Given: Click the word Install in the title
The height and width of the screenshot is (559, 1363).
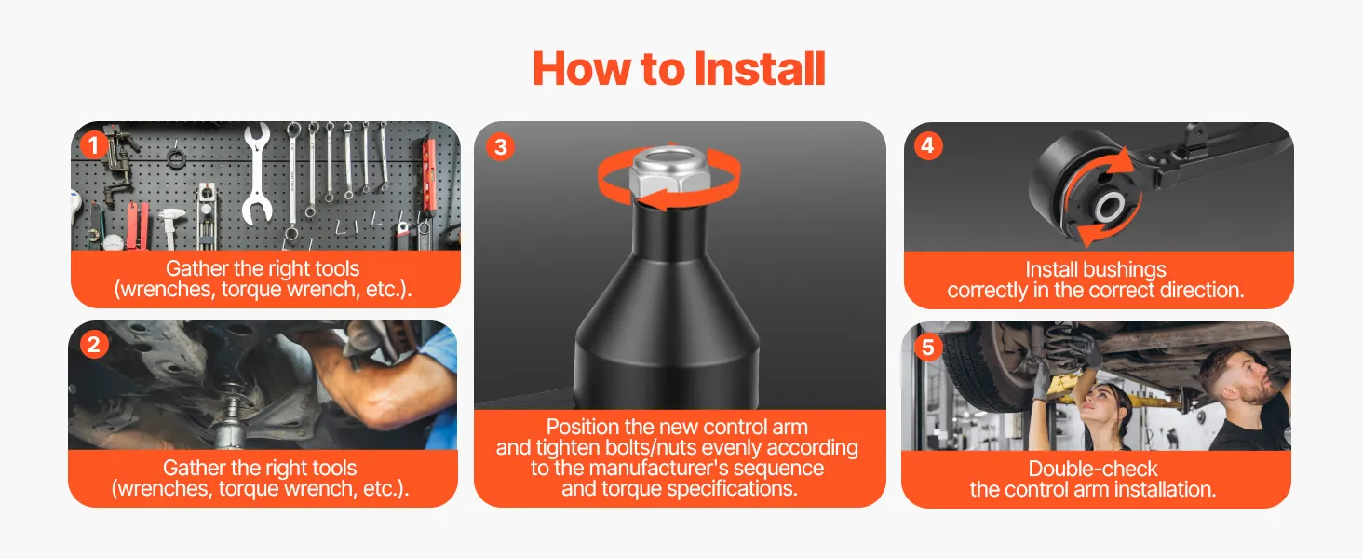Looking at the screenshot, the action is pyautogui.click(x=759, y=68).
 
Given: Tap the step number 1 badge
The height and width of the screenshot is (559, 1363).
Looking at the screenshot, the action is pyautogui.click(x=93, y=145).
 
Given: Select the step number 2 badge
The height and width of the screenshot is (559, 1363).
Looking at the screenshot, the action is pyautogui.click(x=94, y=345).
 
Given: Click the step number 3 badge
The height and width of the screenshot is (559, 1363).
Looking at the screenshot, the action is pyautogui.click(x=500, y=147).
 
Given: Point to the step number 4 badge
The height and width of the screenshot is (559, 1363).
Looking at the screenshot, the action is pyautogui.click(x=928, y=145).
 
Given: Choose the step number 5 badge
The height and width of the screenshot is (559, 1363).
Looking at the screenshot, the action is pyautogui.click(x=928, y=348).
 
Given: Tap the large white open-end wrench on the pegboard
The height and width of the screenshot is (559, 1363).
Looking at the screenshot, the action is pyautogui.click(x=257, y=173).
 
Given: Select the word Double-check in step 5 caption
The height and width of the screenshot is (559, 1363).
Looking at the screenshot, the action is pyautogui.click(x=1093, y=469).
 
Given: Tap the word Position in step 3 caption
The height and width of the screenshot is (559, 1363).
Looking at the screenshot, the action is pyautogui.click(x=584, y=427).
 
